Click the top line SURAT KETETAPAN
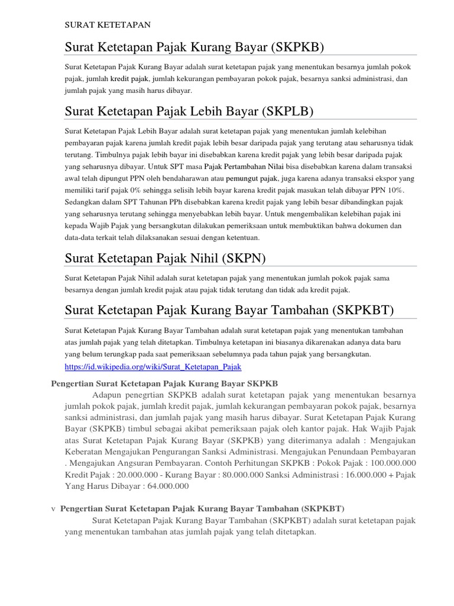tap(108, 25)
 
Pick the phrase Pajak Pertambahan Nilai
tap(244, 166)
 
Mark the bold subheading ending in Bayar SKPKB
tap(165, 383)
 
